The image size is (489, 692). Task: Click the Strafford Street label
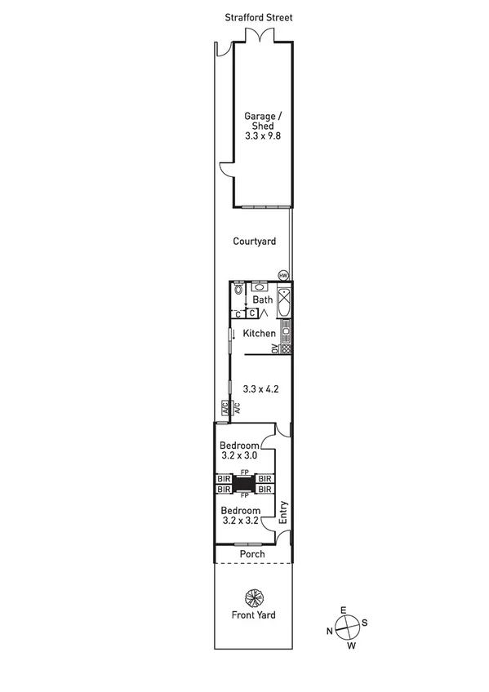258,16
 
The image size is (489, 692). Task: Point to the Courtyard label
254,241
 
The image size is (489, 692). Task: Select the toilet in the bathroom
238,289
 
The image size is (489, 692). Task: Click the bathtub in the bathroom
283,303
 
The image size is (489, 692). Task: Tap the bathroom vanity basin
260,286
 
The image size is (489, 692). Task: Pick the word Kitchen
258,333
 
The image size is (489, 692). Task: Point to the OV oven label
274,349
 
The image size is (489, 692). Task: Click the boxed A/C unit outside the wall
222,408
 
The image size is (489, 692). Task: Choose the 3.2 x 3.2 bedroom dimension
240,519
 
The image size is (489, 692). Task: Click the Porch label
251,554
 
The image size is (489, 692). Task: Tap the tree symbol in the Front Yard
253,597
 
